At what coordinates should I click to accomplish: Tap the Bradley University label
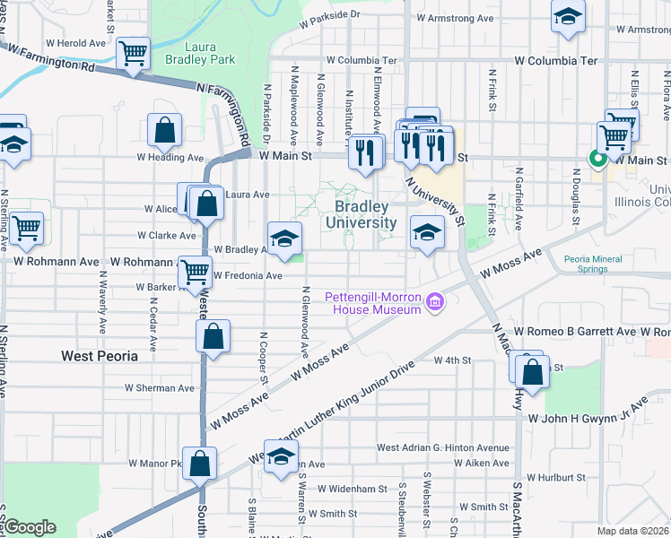361,214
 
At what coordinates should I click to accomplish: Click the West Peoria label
100,356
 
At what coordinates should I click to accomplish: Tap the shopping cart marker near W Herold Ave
133,53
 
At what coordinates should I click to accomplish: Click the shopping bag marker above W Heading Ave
166,131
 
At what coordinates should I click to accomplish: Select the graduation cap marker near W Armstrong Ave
567,18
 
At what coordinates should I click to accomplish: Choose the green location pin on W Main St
597,159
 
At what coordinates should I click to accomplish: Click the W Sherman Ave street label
160,388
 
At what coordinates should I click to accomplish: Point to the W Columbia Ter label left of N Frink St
362,61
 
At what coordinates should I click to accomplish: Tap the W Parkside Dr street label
330,15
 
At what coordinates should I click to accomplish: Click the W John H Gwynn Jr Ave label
588,418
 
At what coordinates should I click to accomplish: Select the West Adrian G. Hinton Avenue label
442,447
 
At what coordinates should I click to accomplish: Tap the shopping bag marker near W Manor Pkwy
200,463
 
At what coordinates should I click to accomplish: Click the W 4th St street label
452,360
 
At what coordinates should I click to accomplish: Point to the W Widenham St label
356,490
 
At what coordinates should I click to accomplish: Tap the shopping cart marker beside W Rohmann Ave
195,272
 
